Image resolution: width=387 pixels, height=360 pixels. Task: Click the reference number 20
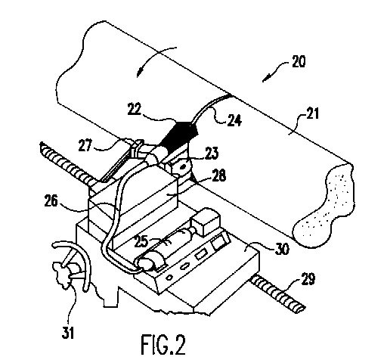point(299,61)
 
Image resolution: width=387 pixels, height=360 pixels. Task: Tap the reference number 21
point(312,113)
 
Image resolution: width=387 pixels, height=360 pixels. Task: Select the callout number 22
point(135,109)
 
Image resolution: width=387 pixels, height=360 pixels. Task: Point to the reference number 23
point(212,153)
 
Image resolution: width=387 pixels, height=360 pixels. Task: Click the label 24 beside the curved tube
point(234,120)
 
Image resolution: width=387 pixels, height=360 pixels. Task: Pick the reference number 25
point(141,241)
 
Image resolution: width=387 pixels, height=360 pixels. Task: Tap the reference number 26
point(51,201)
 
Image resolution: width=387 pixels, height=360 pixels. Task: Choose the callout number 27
point(85,145)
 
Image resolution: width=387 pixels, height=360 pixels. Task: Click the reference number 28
point(218,175)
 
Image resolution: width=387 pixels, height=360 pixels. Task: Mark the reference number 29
point(308,279)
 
